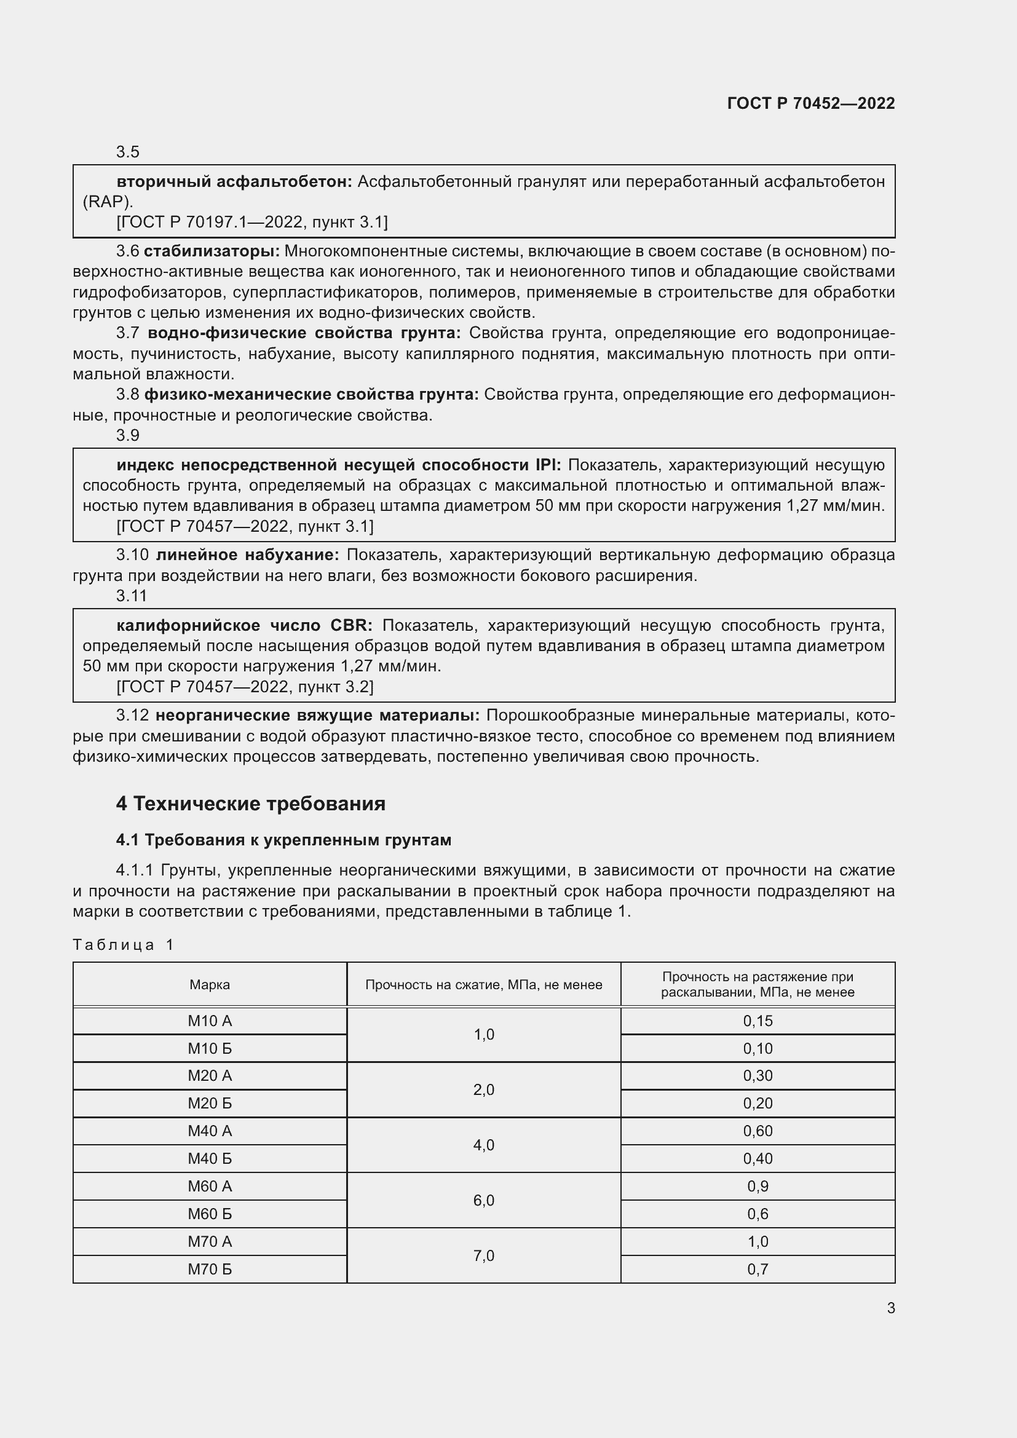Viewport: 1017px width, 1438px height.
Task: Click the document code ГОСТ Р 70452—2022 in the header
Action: coord(810,103)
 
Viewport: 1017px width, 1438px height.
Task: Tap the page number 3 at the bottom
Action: coord(890,1308)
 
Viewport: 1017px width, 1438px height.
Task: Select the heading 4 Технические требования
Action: coord(250,803)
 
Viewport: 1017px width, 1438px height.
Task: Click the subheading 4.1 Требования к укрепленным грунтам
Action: coord(283,840)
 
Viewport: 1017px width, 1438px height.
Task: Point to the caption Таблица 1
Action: coord(123,944)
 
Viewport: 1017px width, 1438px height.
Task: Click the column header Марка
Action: coord(210,984)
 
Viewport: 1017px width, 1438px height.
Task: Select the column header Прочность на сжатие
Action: coord(483,984)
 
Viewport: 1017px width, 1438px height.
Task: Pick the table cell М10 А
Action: coord(210,1021)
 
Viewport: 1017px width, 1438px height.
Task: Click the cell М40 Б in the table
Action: coord(210,1159)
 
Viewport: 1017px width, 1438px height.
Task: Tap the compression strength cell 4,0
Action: coord(483,1145)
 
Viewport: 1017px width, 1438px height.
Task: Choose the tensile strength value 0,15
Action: coord(758,1021)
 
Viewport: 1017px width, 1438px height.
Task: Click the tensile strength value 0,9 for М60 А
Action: coord(758,1186)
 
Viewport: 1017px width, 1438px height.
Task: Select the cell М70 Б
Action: coord(210,1269)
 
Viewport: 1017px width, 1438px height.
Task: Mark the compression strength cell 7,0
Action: coord(483,1255)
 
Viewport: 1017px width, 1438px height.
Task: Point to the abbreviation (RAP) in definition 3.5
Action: coord(108,202)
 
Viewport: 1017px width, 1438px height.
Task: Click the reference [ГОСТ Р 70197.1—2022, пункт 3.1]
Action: coord(251,222)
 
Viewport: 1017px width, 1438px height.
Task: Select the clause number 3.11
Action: coord(132,596)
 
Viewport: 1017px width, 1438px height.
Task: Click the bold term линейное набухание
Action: coord(247,555)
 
